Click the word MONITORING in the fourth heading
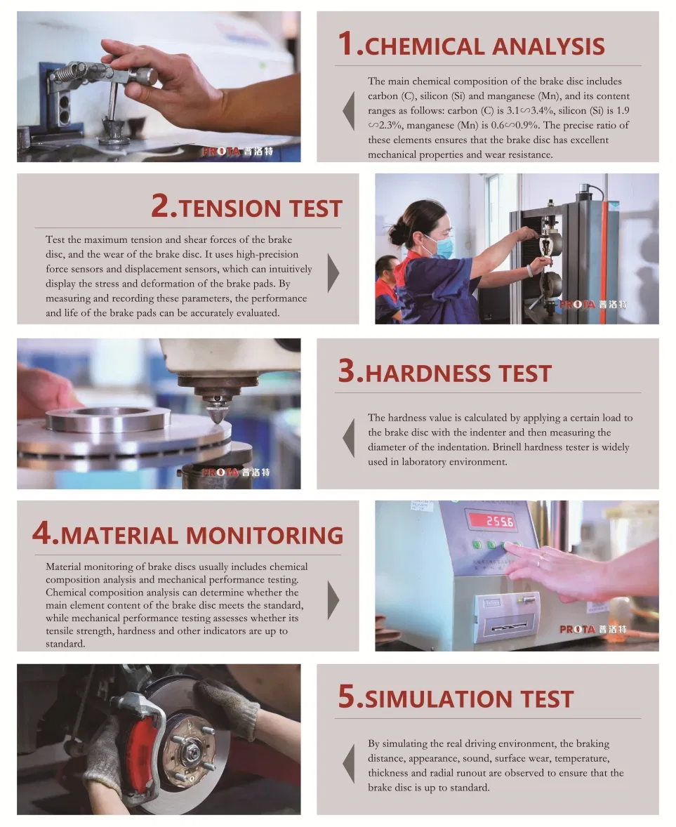(265, 536)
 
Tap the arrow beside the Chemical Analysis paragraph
(348, 111)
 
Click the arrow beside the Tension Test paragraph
(333, 273)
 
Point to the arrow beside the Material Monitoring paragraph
(333, 600)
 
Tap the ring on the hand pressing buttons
(538, 562)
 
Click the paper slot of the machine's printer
(510, 627)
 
